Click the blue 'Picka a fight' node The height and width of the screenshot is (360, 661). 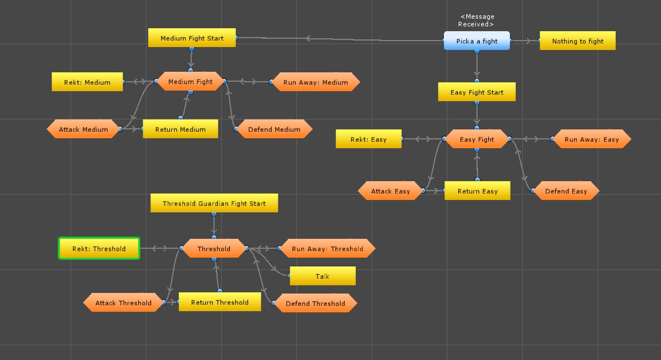(477, 41)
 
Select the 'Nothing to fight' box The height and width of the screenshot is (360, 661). (577, 41)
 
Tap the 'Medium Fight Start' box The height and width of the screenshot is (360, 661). (192, 38)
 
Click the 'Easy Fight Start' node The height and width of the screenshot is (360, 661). (477, 92)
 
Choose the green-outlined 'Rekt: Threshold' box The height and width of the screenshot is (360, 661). (99, 249)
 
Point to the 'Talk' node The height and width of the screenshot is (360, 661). (322, 276)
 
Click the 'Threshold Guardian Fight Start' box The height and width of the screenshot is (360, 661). (214, 204)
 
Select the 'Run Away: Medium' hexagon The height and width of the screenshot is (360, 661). (316, 82)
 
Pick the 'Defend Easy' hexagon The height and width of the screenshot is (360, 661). (566, 191)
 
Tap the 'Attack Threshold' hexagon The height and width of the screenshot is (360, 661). (123, 304)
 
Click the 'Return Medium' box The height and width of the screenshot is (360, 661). (181, 129)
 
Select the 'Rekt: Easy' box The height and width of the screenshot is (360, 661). (369, 139)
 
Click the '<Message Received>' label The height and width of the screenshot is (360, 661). (476, 21)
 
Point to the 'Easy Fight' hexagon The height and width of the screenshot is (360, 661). (477, 139)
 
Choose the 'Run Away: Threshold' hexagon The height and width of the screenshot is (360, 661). (327, 249)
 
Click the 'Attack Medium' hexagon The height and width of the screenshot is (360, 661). (84, 129)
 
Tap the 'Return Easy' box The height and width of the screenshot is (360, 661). (478, 191)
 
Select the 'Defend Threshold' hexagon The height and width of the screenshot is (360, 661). (315, 304)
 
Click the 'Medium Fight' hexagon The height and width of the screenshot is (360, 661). (191, 82)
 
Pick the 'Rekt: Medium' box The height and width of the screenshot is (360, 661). (87, 82)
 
